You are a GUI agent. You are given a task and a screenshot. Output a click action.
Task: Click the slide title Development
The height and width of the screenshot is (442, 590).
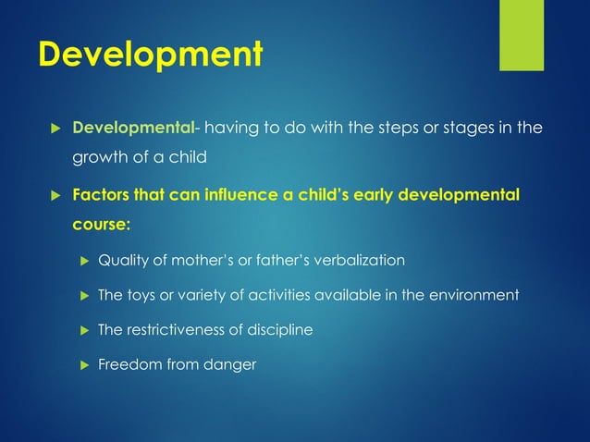click(x=149, y=54)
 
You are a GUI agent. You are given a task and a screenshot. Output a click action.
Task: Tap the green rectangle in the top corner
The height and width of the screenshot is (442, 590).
click(x=522, y=35)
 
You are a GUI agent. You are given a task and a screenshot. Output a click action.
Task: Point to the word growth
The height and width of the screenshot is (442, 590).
click(x=99, y=156)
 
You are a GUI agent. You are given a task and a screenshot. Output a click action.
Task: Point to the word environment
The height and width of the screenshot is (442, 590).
click(x=474, y=295)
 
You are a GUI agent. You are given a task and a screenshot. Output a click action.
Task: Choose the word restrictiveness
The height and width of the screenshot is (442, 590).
click(x=179, y=329)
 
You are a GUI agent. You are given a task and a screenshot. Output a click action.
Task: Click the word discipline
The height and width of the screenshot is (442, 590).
click(x=281, y=329)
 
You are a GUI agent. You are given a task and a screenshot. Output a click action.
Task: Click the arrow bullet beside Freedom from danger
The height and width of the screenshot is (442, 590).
click(x=80, y=363)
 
